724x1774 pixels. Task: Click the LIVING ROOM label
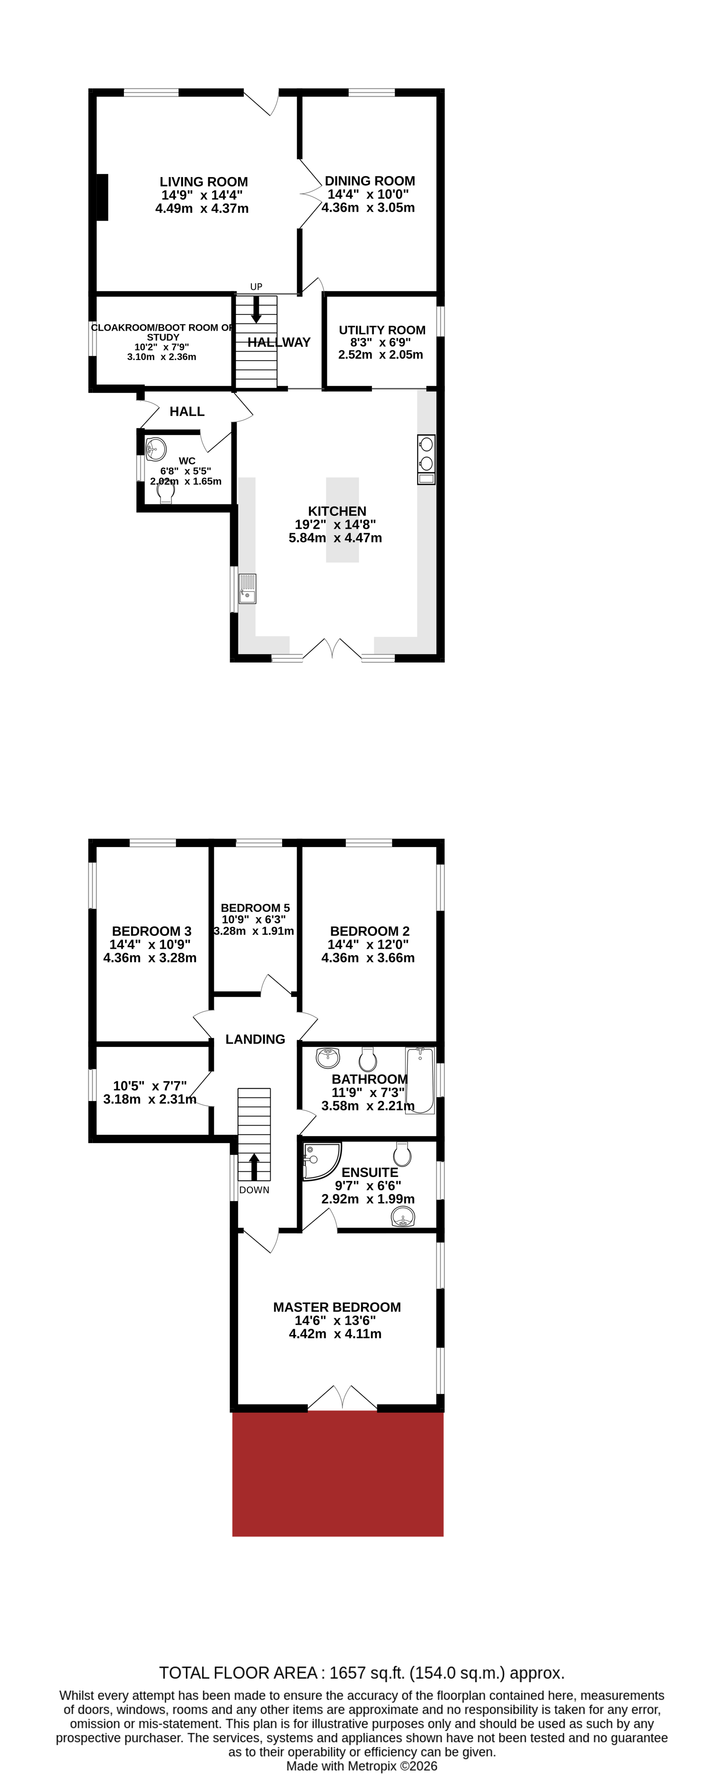tap(203, 182)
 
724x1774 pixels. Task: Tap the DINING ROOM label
tap(369, 181)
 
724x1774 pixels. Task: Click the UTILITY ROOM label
tap(382, 330)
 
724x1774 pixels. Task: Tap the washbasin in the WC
tap(156, 449)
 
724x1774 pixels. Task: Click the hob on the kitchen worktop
tap(425, 454)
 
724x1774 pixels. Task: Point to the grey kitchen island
tap(342, 520)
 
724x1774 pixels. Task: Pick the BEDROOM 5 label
tap(255, 908)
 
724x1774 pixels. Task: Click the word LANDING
tap(255, 1039)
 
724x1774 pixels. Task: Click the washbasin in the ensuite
tap(403, 1219)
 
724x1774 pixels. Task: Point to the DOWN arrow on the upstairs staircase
tap(254, 1166)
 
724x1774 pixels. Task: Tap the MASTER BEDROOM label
tap(337, 1307)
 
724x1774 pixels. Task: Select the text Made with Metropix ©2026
tap(362, 1766)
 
